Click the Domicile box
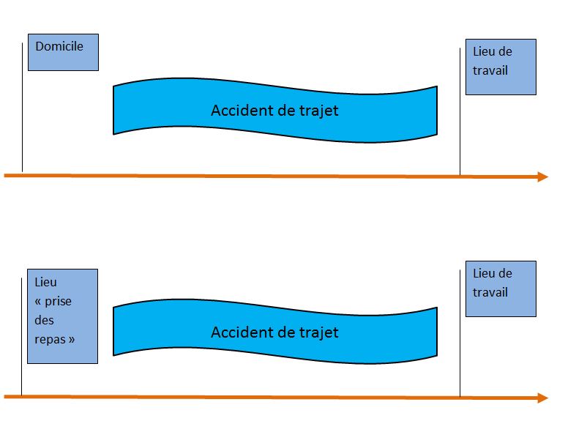[x=63, y=53]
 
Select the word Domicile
[x=59, y=46]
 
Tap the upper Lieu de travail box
[x=501, y=67]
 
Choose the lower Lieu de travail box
[x=501, y=289]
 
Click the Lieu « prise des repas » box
[x=62, y=316]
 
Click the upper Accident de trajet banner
[x=275, y=111]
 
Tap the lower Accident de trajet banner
[x=275, y=332]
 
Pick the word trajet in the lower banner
[x=319, y=332]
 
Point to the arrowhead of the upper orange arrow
[x=543, y=176]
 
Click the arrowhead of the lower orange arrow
[x=543, y=398]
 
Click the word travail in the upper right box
[x=490, y=71]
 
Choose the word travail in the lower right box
[x=490, y=292]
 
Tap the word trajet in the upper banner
[x=319, y=111]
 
